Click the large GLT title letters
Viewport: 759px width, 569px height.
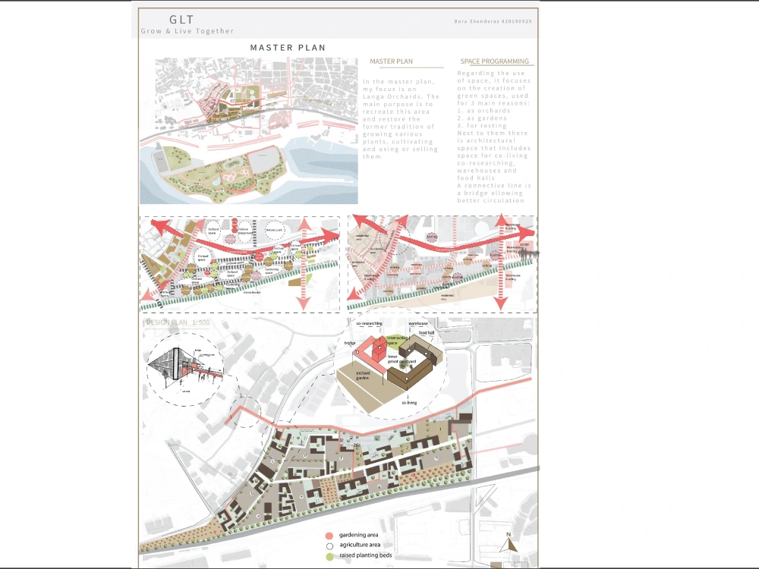(x=181, y=18)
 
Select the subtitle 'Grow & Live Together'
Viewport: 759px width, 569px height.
(x=187, y=31)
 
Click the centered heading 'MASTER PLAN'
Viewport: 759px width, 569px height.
(x=288, y=48)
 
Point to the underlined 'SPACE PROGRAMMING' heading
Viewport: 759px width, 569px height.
(x=494, y=61)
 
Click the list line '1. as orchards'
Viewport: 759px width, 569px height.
(x=483, y=111)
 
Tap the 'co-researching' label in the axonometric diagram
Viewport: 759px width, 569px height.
(x=370, y=323)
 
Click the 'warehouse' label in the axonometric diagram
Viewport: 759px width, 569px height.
(x=418, y=323)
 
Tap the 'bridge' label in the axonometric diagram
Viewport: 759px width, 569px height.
(x=350, y=343)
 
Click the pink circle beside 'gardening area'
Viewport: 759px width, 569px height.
(x=329, y=535)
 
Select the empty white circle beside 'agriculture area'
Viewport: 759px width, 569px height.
(x=329, y=545)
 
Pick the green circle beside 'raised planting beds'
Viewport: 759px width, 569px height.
(x=329, y=556)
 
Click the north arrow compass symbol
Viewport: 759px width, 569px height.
(x=510, y=542)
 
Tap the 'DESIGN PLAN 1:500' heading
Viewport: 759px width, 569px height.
(x=177, y=322)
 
